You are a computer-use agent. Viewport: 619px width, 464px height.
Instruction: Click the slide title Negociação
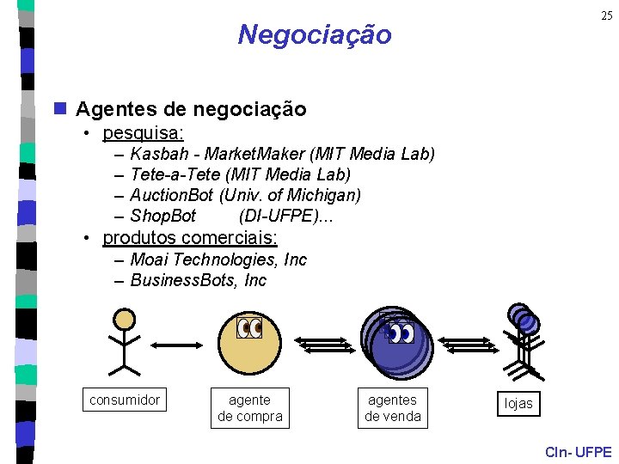click(x=314, y=34)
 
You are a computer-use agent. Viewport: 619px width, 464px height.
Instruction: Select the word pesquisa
click(x=142, y=133)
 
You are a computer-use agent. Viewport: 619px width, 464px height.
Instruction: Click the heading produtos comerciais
click(x=190, y=237)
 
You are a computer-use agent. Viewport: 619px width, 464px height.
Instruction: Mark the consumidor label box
click(x=125, y=400)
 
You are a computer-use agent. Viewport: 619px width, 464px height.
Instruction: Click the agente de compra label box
click(x=250, y=408)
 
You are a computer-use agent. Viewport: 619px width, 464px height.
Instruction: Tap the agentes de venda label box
click(x=393, y=408)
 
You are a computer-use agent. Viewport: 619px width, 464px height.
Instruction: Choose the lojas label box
click(x=518, y=403)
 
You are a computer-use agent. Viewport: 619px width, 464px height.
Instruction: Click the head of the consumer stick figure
click(x=126, y=320)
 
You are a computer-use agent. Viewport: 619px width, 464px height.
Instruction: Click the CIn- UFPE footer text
click(x=578, y=452)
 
